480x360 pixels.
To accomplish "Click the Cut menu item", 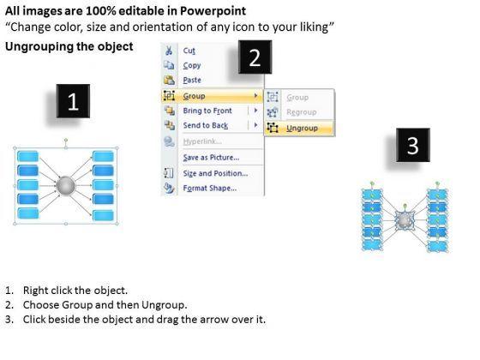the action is (x=189, y=51).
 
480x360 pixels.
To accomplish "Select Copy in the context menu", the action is (x=192, y=65).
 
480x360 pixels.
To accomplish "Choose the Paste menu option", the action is (x=192, y=81).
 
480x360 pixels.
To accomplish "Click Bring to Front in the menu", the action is (x=207, y=111).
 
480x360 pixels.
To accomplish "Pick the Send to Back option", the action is (x=206, y=125).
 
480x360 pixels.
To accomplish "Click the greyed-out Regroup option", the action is (x=301, y=112).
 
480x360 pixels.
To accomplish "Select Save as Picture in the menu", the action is (x=211, y=158).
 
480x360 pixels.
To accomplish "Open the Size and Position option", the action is (x=215, y=173).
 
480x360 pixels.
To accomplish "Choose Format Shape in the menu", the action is (x=210, y=188).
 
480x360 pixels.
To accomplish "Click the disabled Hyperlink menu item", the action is (x=202, y=141).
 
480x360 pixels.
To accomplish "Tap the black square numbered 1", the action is (x=73, y=101).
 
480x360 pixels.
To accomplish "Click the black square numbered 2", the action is (x=255, y=57).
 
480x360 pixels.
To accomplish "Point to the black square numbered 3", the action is (x=413, y=145).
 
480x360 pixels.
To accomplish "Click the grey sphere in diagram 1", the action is (x=65, y=185).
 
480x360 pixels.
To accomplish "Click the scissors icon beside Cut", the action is (x=169, y=51).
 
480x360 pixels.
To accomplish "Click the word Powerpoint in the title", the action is (x=213, y=11).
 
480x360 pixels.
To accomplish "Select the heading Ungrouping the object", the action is (x=69, y=46).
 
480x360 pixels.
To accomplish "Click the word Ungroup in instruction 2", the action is (x=164, y=305).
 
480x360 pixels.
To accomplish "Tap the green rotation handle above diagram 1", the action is (x=66, y=141).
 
